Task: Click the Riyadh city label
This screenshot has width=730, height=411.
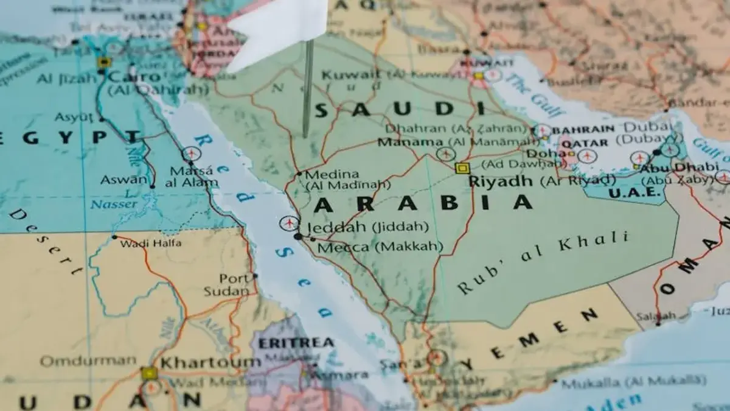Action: point(493,181)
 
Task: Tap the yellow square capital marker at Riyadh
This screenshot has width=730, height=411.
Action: point(462,168)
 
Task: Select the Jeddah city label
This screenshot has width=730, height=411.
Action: point(336,227)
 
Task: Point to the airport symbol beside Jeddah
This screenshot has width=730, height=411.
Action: point(289,223)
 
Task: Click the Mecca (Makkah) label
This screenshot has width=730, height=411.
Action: point(344,247)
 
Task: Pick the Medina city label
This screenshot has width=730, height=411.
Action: point(332,174)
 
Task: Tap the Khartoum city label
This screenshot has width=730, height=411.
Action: point(210,362)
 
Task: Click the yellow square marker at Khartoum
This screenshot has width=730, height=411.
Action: point(148,373)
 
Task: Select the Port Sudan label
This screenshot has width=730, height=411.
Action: point(234,284)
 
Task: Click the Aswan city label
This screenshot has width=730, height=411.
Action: point(124,180)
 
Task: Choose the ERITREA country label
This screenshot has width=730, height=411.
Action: point(296,343)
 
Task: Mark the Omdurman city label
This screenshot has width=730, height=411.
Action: point(88,361)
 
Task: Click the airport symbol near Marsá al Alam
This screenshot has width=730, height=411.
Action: point(191,153)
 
